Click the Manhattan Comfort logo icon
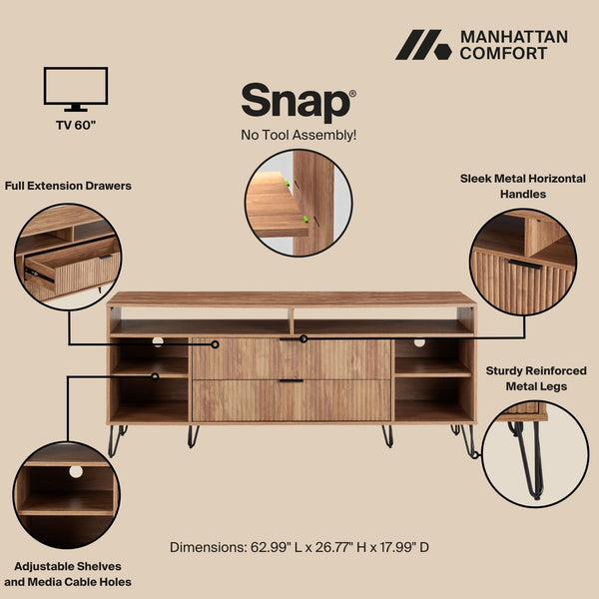click(x=423, y=45)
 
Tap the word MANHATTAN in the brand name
click(x=513, y=37)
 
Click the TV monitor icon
click(x=76, y=89)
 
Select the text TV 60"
click(x=76, y=127)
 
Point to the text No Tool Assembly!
click(x=299, y=135)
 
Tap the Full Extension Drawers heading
click(x=68, y=186)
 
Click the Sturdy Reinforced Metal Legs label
click(x=537, y=378)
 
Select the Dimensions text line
click(x=299, y=547)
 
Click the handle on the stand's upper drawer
click(x=291, y=340)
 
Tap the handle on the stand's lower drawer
click(x=291, y=381)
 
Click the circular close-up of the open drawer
click(x=68, y=258)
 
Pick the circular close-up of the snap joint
click(x=299, y=204)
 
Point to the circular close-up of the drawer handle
click(x=522, y=261)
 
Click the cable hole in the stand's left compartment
click(x=158, y=342)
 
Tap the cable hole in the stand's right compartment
click(x=418, y=342)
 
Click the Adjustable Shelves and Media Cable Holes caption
click(x=68, y=574)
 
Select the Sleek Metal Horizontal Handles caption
click(x=523, y=186)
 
